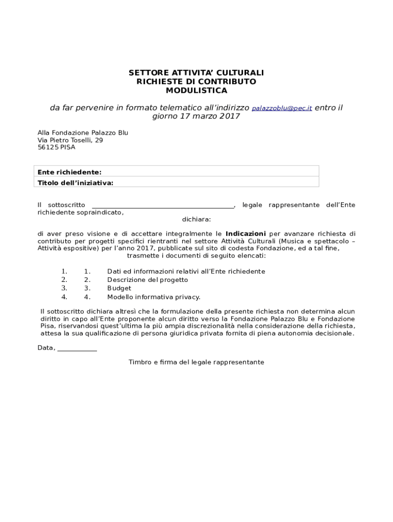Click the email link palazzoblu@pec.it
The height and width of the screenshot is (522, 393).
(282, 109)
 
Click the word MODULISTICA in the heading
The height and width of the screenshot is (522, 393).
(196, 91)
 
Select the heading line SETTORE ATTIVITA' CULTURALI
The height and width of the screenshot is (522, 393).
(196, 73)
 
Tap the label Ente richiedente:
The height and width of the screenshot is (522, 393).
(69, 172)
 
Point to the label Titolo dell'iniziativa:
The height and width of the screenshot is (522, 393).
(76, 183)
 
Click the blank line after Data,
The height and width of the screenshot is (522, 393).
(77, 349)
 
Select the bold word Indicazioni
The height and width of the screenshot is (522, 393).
(245, 234)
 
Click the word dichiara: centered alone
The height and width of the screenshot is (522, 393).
(196, 220)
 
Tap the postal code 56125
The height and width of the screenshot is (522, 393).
(48, 147)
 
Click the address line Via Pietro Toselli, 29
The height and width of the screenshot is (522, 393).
(70, 140)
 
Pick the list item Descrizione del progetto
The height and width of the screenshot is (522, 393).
(148, 280)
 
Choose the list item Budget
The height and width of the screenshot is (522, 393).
(119, 289)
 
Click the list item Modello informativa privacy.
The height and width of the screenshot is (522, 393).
(154, 297)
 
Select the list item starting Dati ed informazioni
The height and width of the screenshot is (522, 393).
(186, 272)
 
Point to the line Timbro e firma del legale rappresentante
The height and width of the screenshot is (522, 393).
(196, 362)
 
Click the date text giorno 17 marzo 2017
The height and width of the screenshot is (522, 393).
(196, 117)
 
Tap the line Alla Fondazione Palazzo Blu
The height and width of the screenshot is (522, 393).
(83, 133)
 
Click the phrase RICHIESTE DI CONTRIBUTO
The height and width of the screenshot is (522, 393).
(196, 82)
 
